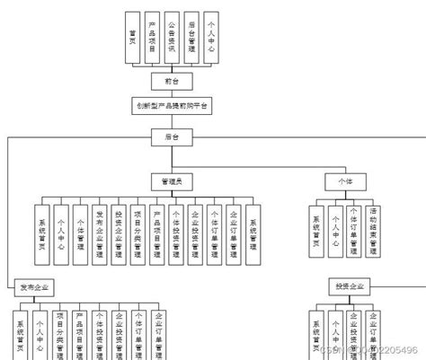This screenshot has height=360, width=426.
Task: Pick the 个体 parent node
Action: pyautogui.click(x=346, y=181)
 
